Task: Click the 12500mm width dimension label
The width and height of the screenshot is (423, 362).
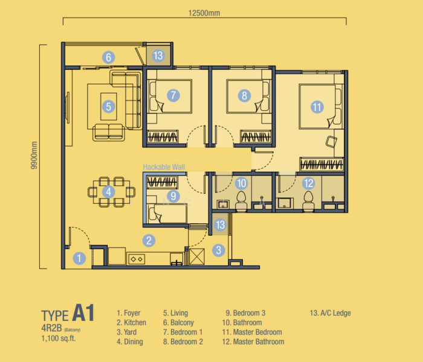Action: (204, 13)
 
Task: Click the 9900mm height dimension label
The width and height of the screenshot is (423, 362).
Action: (34, 156)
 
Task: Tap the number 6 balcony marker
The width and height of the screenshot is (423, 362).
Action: (108, 57)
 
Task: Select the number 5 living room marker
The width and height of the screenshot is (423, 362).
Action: (108, 107)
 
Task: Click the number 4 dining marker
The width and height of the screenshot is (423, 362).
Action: (108, 192)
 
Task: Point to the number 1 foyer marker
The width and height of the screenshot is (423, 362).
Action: (79, 258)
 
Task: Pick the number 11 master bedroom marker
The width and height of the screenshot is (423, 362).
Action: (317, 107)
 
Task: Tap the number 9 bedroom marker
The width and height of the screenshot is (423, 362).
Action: (173, 196)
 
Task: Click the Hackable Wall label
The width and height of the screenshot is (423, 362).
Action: (164, 167)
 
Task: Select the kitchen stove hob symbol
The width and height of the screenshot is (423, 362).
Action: (137, 259)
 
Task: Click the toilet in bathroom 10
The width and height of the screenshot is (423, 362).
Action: (242, 201)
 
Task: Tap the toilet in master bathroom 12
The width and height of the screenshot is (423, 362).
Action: (309, 201)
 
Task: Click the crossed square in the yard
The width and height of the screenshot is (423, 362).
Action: (196, 256)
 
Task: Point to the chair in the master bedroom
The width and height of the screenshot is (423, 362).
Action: (331, 142)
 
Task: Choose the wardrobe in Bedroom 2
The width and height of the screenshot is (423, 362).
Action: (256, 136)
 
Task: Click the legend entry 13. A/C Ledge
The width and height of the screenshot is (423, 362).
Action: (330, 313)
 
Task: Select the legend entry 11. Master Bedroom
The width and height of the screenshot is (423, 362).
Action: (252, 332)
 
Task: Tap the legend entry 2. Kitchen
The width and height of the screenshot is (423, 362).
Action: (131, 322)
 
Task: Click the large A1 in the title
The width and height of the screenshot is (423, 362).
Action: (83, 313)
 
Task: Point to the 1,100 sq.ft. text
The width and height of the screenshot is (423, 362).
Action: (59, 338)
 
